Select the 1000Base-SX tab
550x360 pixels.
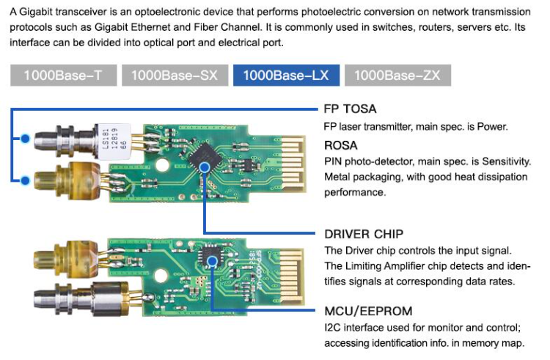(x=175, y=76)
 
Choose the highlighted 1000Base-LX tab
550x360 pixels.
(x=286, y=76)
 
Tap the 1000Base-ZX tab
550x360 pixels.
(x=397, y=76)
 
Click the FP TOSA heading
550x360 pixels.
(x=350, y=109)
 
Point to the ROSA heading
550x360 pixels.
(x=341, y=145)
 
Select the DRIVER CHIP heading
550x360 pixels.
(x=364, y=235)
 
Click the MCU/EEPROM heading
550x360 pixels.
(x=368, y=310)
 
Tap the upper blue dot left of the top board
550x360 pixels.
(x=26, y=137)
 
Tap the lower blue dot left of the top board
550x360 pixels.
(x=26, y=179)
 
